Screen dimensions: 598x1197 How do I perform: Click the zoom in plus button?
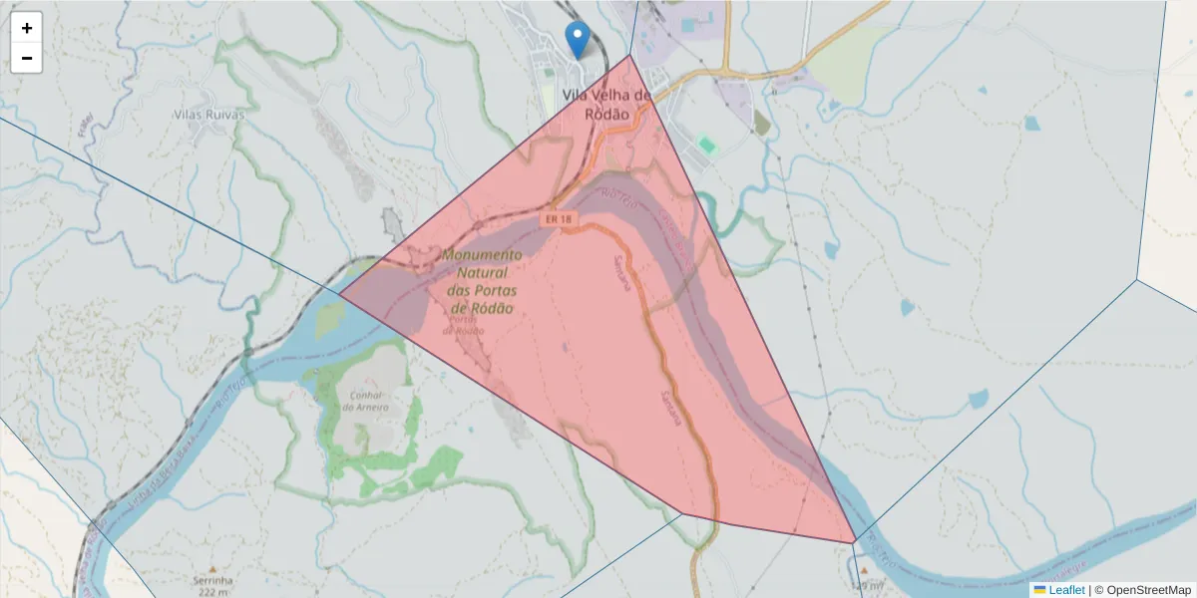pos(27,28)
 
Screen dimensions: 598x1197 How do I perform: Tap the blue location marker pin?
pos(577,39)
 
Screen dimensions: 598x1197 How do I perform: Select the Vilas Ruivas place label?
pos(209,114)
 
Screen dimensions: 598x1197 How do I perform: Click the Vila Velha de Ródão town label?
pos(605,105)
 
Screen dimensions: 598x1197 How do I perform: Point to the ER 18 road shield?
pos(559,218)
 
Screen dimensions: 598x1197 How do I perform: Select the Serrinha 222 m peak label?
pos(213,585)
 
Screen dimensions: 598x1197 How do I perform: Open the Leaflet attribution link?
pos(1066,590)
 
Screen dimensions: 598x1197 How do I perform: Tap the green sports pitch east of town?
pos(707,146)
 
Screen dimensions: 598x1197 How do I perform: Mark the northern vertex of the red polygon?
pos(630,55)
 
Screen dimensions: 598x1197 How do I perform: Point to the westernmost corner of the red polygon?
pos(339,294)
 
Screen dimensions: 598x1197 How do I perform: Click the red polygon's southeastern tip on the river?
pos(855,542)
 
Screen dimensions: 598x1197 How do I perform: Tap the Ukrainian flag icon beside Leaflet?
pos(1039,590)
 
